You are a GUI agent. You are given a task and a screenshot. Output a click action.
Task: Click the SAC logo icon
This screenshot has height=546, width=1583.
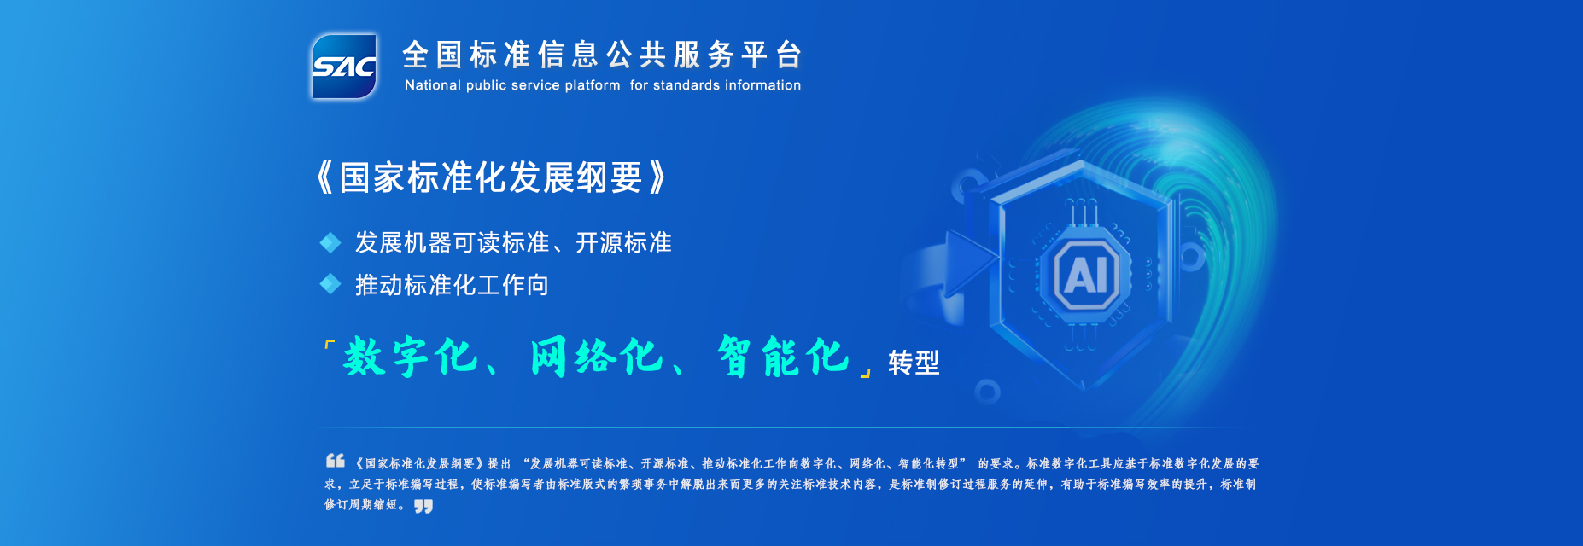click(x=344, y=67)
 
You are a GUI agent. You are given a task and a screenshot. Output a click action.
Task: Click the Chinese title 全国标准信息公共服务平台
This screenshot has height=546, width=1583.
click(x=602, y=55)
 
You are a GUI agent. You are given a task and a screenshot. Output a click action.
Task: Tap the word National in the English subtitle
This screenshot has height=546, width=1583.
click(x=433, y=85)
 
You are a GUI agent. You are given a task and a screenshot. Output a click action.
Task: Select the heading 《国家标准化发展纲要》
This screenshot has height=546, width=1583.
click(x=491, y=177)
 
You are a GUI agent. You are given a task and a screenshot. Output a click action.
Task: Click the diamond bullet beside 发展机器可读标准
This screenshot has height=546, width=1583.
click(x=330, y=243)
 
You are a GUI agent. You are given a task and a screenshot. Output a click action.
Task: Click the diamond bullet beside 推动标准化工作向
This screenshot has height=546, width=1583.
click(x=330, y=284)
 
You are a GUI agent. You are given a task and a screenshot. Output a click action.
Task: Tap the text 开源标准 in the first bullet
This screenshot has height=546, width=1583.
click(x=623, y=243)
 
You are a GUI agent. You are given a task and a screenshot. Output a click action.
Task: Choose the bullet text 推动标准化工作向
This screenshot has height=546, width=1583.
click(x=452, y=285)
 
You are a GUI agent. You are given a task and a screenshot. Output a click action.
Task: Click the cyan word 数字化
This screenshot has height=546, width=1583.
click(x=411, y=357)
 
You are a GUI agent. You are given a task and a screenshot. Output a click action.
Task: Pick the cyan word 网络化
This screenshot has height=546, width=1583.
click(x=597, y=357)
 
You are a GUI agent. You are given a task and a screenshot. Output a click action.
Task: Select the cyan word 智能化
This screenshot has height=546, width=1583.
click(x=784, y=357)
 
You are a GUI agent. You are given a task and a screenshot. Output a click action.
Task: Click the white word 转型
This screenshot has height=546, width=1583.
click(x=914, y=363)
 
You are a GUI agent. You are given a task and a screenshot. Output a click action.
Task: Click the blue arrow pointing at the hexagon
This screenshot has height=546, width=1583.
click(x=971, y=258)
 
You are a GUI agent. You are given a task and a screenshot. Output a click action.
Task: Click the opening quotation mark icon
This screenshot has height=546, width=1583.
click(x=336, y=461)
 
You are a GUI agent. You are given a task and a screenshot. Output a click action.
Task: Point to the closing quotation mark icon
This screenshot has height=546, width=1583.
click(x=423, y=506)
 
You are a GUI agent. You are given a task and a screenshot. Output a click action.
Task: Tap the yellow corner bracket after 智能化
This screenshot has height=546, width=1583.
click(x=867, y=372)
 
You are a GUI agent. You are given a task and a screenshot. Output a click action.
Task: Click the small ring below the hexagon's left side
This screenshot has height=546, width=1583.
click(x=988, y=392)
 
